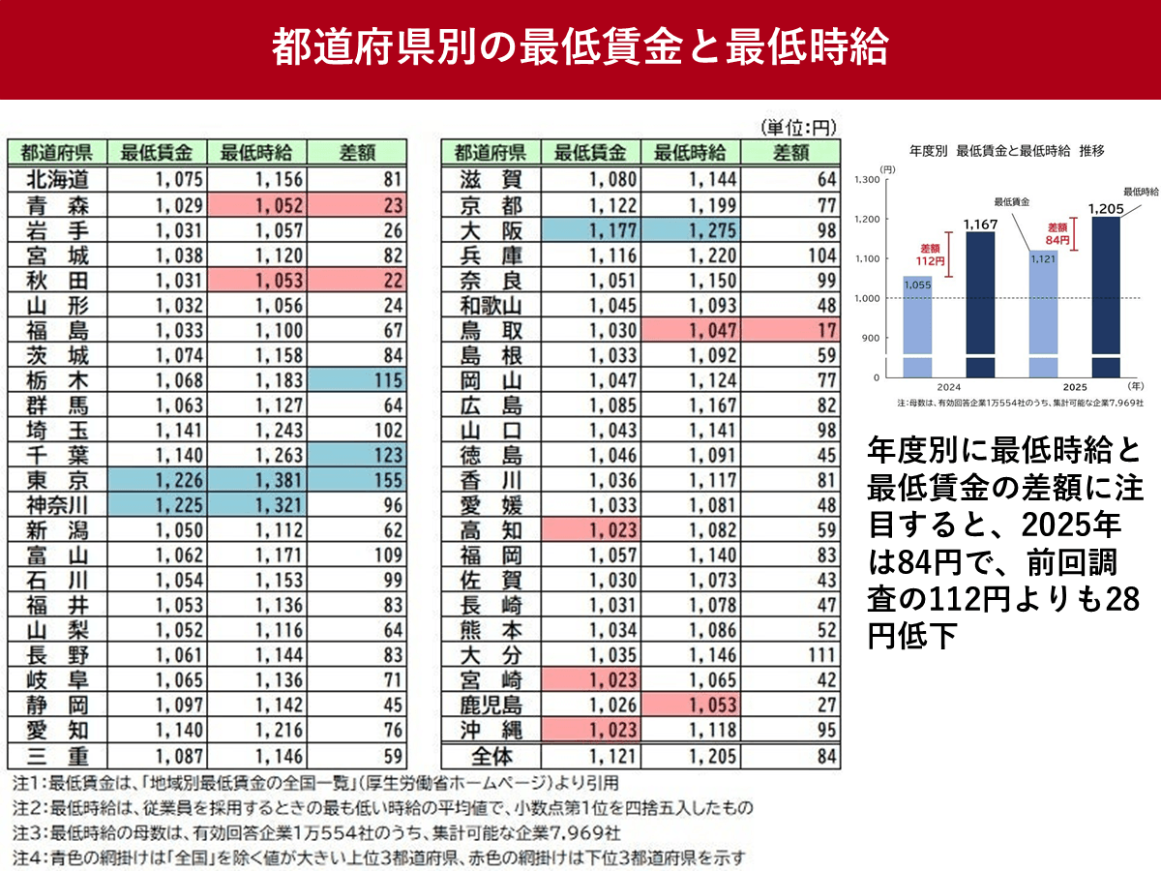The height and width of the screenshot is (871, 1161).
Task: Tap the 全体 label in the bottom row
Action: point(491,756)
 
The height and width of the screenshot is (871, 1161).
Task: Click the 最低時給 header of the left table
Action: point(256,153)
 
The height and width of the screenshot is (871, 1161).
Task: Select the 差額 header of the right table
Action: point(791,153)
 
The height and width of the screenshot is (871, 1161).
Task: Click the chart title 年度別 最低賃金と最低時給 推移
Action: point(1006,151)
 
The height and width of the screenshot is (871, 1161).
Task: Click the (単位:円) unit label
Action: point(799,128)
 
